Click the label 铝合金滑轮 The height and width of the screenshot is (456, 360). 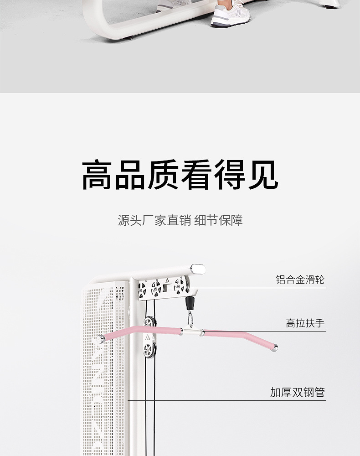300,279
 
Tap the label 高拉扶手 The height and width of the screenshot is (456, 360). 305,323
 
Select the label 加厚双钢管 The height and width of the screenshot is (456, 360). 297,392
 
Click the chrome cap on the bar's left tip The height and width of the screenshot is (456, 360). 100,339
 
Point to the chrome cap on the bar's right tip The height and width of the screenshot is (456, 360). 275,348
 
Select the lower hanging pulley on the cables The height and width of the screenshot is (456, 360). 148,350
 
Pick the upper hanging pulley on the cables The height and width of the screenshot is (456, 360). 149,323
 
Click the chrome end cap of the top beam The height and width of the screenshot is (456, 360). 198,269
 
